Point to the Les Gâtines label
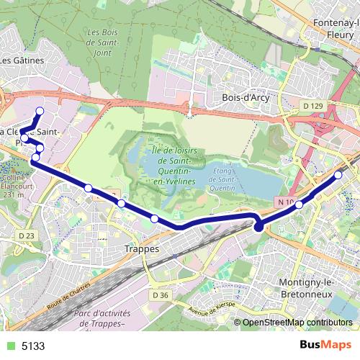click(x=22, y=60)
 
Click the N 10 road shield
click(x=286, y=203)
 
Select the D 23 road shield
click(x=27, y=235)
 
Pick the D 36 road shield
click(x=160, y=294)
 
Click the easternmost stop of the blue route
click(x=338, y=175)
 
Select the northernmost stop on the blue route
click(x=40, y=111)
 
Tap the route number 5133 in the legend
click(x=32, y=346)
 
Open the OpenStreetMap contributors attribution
click(x=297, y=323)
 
